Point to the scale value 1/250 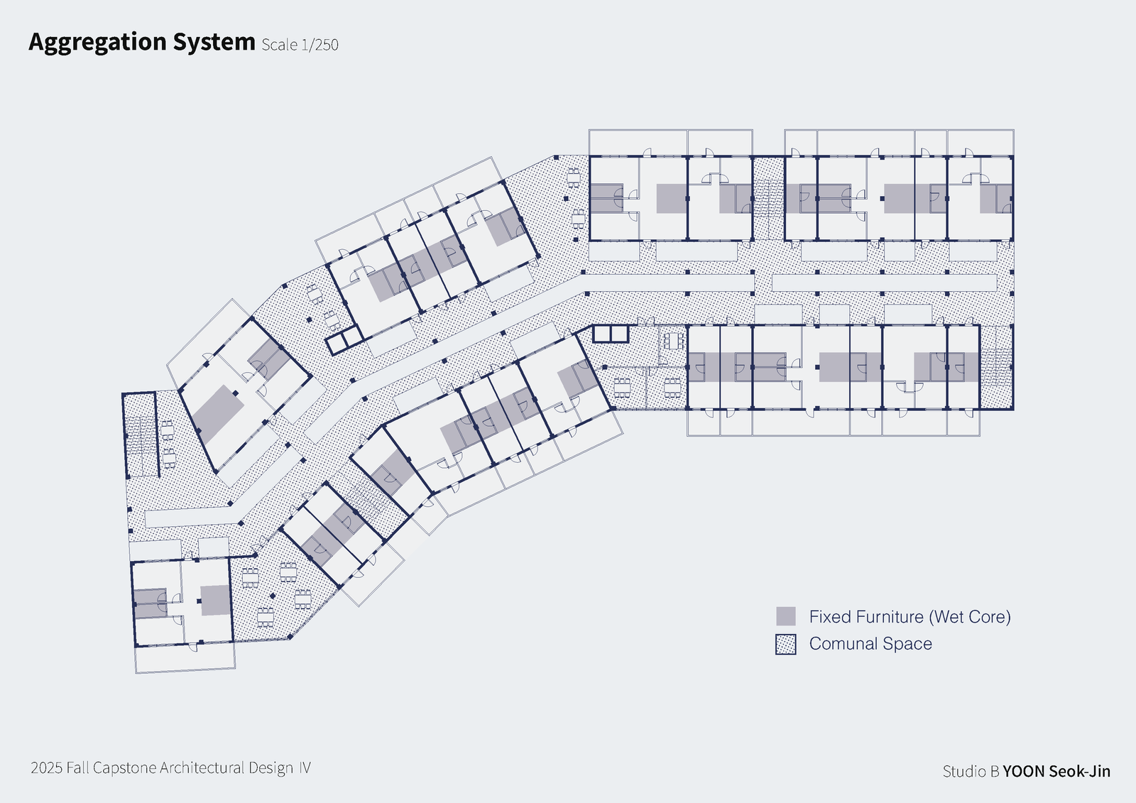click(319, 45)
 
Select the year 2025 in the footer click(46, 768)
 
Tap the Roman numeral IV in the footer click(304, 768)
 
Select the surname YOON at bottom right click(1024, 772)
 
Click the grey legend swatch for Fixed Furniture click(785, 616)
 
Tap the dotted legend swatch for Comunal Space click(785, 644)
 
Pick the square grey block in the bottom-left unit click(215, 600)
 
